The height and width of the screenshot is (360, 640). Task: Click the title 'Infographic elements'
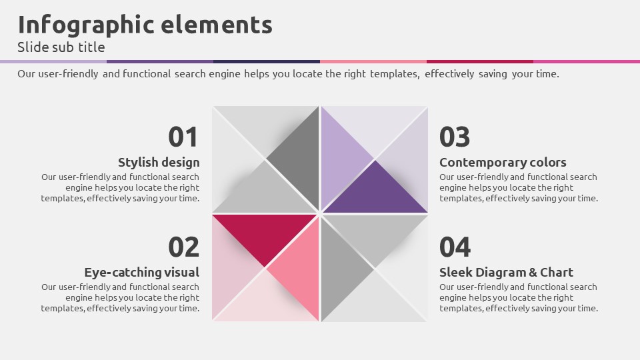tap(145, 25)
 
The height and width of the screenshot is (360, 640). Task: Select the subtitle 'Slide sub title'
tap(61, 47)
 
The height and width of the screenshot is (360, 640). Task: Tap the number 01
tap(183, 137)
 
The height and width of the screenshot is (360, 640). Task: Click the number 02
tap(184, 247)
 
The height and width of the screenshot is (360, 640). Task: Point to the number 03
tap(455, 137)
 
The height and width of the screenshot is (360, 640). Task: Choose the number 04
tap(455, 247)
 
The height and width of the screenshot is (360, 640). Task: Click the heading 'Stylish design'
tap(159, 163)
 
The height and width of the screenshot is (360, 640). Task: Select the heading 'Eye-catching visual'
tap(141, 272)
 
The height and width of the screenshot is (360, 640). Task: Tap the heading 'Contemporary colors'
tap(503, 163)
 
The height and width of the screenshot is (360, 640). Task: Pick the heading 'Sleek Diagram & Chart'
tap(506, 272)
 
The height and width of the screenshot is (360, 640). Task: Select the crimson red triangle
tap(265, 235)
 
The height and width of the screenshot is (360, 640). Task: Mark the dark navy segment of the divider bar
tap(267, 61)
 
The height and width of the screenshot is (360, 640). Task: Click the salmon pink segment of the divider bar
tap(373, 61)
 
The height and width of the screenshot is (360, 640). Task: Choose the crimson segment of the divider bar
tap(480, 61)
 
